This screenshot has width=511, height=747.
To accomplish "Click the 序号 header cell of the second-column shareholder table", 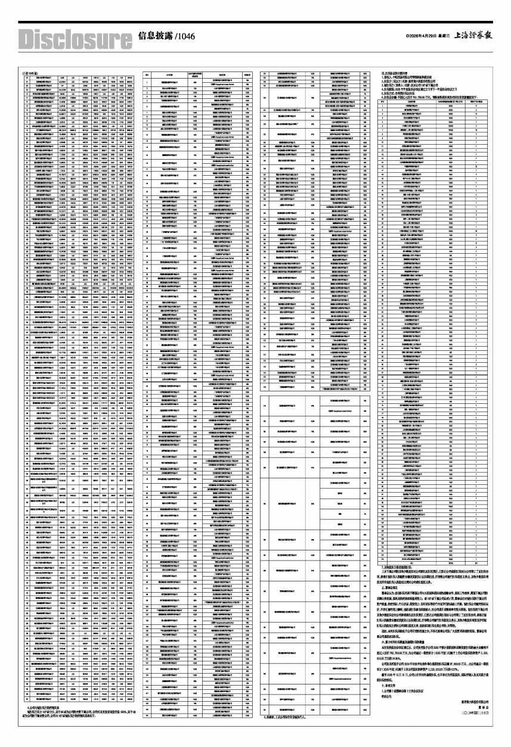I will [147, 76].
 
